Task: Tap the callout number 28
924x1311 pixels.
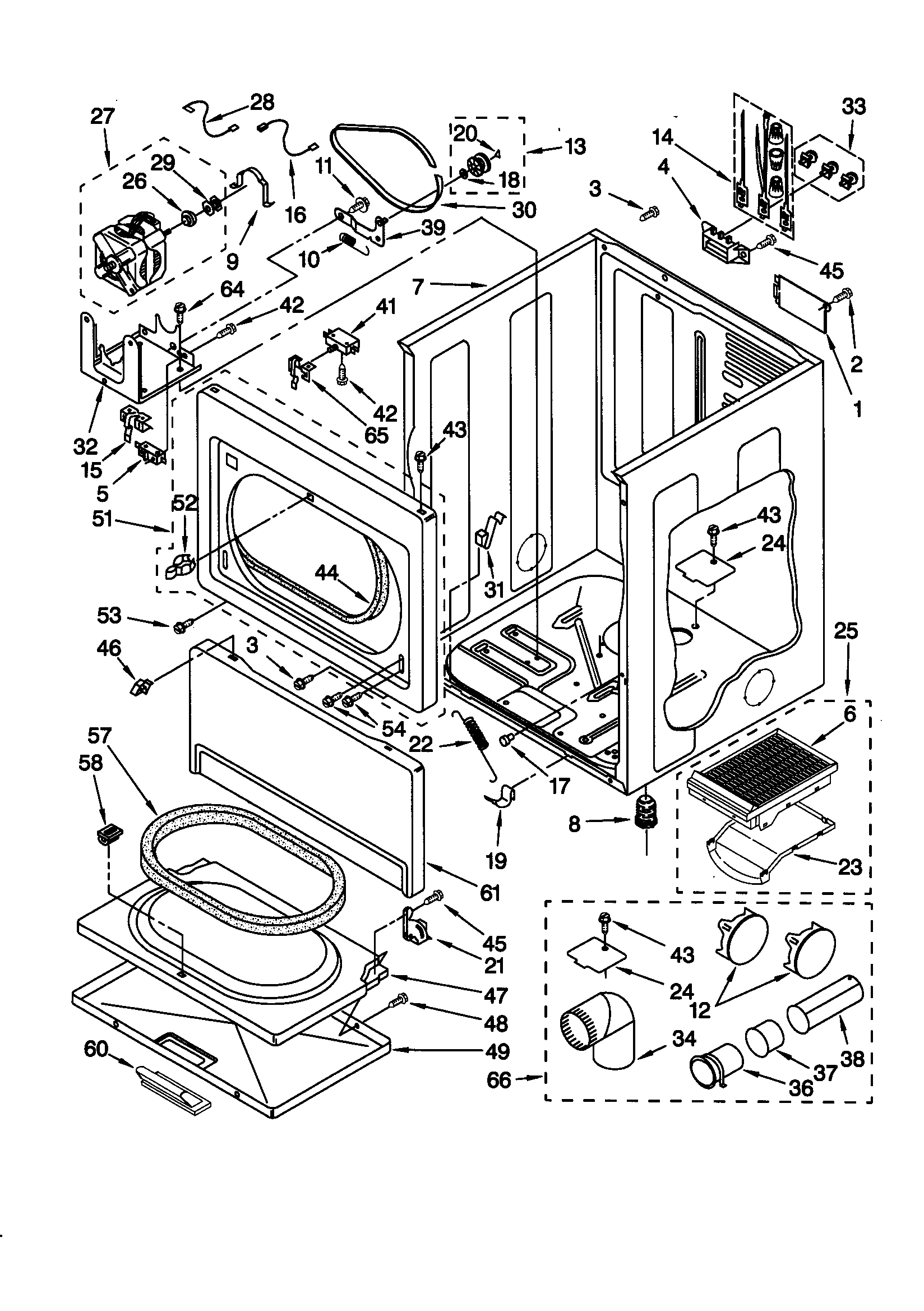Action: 262,103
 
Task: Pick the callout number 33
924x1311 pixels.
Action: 853,106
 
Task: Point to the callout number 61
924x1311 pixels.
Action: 490,893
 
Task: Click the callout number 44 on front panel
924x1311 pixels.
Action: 327,572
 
